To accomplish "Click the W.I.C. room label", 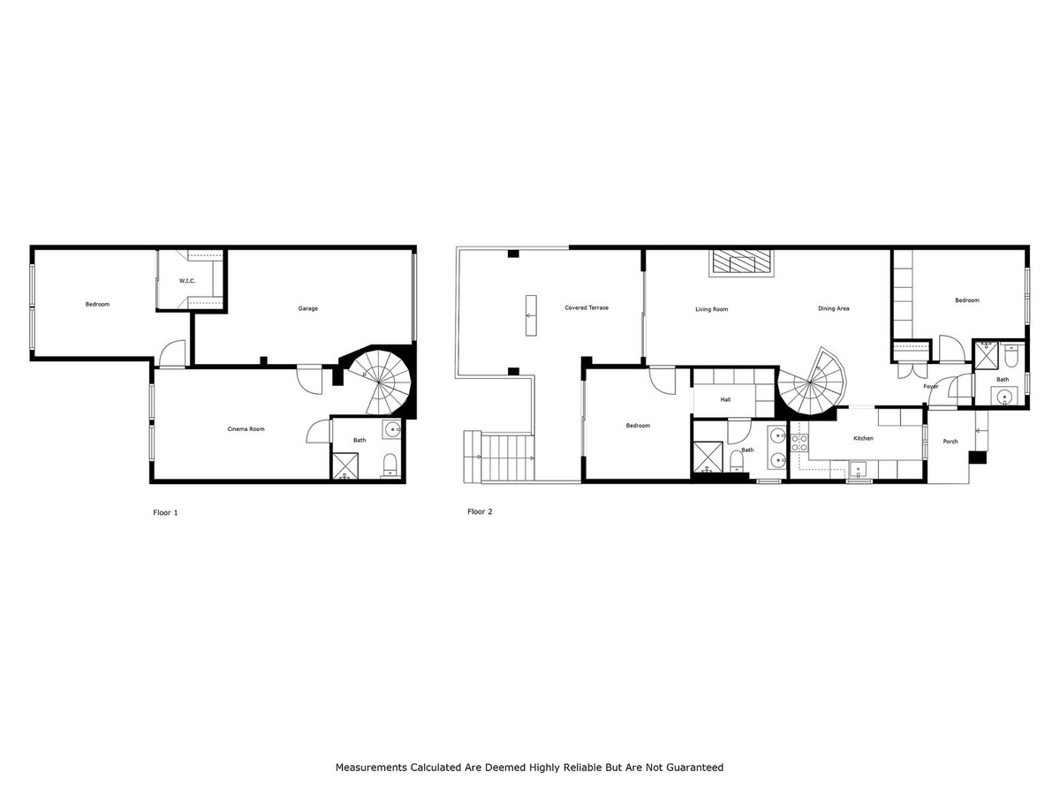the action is click(x=187, y=281).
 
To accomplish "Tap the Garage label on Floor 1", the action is click(x=307, y=308).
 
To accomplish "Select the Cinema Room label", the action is click(x=246, y=428).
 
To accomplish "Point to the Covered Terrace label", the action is click(x=587, y=307).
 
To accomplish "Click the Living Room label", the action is click(x=711, y=309).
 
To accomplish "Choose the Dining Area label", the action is click(x=833, y=308).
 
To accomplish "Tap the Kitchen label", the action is click(x=863, y=438).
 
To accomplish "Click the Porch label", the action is click(x=950, y=441).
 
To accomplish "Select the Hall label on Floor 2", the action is click(x=725, y=399).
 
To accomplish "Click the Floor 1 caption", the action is click(x=165, y=512).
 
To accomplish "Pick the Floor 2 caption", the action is click(x=480, y=511).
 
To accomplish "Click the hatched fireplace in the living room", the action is click(x=741, y=263).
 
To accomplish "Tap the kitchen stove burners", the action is click(x=799, y=443).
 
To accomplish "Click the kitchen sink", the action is click(x=858, y=469).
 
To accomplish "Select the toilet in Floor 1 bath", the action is click(x=389, y=466).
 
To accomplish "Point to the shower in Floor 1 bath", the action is click(x=345, y=466).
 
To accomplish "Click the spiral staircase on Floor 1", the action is click(x=380, y=382).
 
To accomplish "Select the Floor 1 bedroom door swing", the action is click(x=172, y=353).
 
